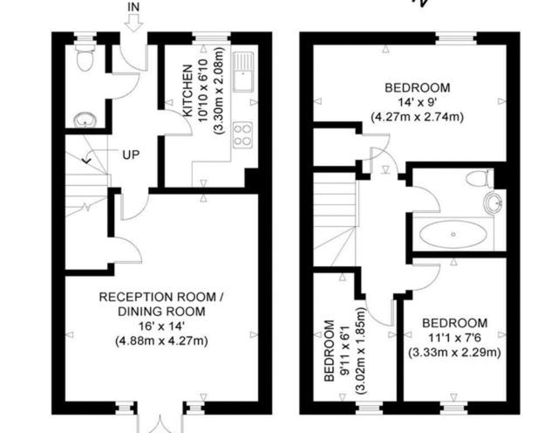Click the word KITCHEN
coord(187,91)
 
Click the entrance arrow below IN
coord(133,24)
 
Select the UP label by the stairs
coord(130,155)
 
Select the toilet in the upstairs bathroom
coord(477,180)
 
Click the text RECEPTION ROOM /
coord(161,297)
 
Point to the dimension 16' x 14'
coord(161,326)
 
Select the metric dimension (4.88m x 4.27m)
coord(161,340)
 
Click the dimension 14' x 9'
coord(418,101)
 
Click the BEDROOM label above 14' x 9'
coord(418,87)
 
